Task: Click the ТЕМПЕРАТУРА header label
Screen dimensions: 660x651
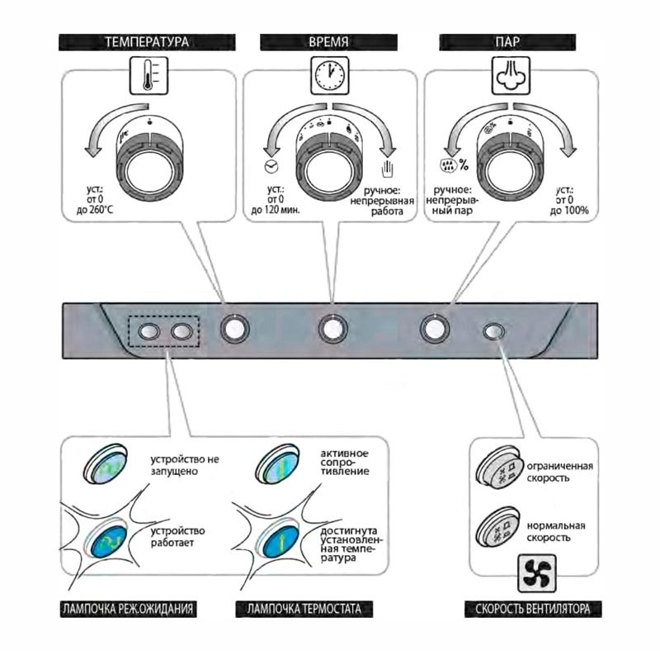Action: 147,42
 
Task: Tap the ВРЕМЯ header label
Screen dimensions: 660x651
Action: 328,42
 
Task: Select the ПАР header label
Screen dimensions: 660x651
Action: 507,42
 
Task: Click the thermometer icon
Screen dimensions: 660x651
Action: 148,76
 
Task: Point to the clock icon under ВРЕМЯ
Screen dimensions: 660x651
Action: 329,76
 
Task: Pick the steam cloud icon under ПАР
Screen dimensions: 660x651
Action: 511,76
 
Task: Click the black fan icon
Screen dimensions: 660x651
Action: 537,573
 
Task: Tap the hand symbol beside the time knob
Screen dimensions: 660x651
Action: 387,169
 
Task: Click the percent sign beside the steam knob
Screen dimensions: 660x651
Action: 464,164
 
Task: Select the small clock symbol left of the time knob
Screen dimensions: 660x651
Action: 271,167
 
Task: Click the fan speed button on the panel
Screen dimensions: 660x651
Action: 493,331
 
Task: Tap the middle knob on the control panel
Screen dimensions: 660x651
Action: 332,329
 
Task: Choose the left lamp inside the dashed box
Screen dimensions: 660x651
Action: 148,331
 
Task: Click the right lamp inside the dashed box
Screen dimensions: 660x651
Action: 181,331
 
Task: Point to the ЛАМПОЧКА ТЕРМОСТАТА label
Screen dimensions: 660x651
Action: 304,609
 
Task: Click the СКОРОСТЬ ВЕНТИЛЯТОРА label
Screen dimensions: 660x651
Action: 533,609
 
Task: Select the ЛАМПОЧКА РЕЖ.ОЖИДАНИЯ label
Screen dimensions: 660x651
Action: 128,609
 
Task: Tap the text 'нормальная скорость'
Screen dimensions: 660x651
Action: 555,532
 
